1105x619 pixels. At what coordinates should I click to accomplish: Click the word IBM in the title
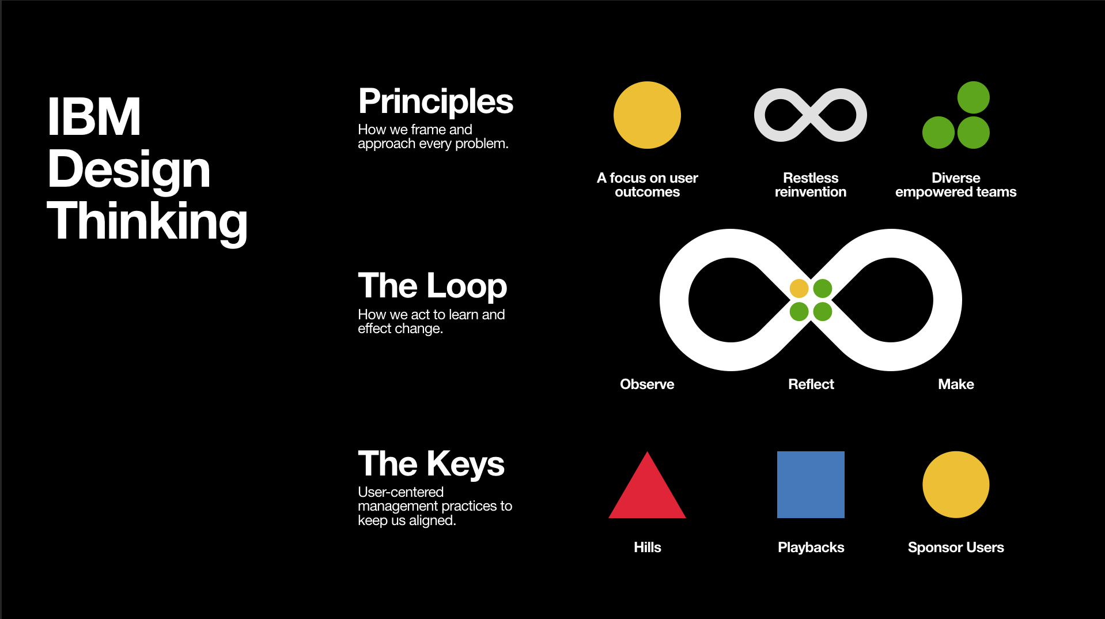tap(94, 116)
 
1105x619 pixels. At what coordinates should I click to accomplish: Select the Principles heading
tap(436, 102)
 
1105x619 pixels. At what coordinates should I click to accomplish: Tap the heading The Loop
tap(432, 286)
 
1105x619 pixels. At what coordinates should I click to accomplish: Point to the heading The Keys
tap(431, 464)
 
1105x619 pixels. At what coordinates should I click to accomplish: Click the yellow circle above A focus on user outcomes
tap(647, 115)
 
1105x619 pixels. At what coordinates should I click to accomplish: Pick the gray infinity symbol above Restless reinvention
tap(810, 115)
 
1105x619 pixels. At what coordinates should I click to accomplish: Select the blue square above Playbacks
tap(811, 485)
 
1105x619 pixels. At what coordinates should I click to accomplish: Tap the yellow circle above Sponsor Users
tap(956, 485)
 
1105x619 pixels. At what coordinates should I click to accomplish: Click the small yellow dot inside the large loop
tap(799, 288)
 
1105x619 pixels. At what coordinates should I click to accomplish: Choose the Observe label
tap(647, 384)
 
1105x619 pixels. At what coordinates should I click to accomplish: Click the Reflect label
tap(811, 384)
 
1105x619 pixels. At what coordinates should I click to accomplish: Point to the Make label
tap(956, 384)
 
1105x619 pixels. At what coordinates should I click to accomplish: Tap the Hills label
tap(648, 548)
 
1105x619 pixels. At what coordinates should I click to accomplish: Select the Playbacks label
tap(811, 548)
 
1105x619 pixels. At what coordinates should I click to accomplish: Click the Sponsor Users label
tap(956, 548)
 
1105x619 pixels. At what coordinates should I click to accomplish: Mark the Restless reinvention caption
tap(811, 185)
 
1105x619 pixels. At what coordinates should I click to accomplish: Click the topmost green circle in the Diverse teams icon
tap(974, 97)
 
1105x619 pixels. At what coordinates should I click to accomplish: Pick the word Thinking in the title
tap(147, 222)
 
